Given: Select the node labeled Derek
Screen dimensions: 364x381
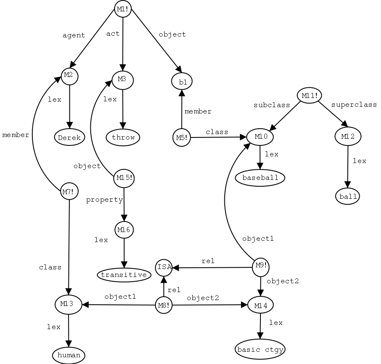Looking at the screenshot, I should (x=70, y=137).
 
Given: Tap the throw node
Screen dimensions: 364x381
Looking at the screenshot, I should (x=123, y=137).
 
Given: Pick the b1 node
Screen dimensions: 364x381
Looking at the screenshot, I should (x=182, y=82).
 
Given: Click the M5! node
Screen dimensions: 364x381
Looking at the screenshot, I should (x=181, y=137).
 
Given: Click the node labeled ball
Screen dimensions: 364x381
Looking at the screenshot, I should (x=348, y=196).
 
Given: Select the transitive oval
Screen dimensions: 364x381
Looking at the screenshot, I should (x=124, y=275).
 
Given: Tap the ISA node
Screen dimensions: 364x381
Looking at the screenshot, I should (x=164, y=267).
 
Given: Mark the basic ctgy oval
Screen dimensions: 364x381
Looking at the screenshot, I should (x=260, y=349).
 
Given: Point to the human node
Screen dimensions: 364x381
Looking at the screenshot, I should (x=69, y=355).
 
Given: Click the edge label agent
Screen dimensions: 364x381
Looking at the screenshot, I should (x=74, y=35).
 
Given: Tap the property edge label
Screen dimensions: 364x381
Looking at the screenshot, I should (x=104, y=200).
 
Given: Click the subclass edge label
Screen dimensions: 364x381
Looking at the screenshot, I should (x=272, y=105).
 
